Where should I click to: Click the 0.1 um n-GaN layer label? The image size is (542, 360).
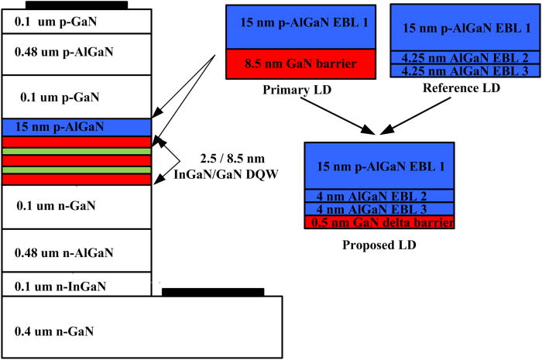tap(54, 206)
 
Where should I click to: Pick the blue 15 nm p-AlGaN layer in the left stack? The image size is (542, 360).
tap(77, 125)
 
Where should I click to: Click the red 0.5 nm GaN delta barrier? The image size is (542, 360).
tap(379, 222)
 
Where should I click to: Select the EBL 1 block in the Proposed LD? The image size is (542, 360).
tap(379, 166)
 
